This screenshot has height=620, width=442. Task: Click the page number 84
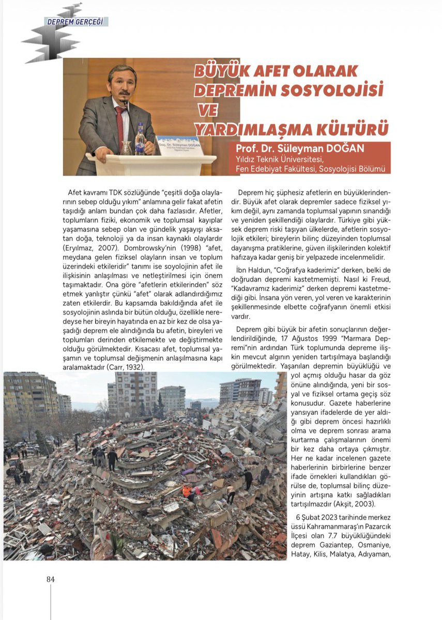(x=50, y=579)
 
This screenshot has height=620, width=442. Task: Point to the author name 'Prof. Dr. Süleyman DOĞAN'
(x=300, y=149)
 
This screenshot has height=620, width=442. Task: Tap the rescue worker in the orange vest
(x=187, y=491)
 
